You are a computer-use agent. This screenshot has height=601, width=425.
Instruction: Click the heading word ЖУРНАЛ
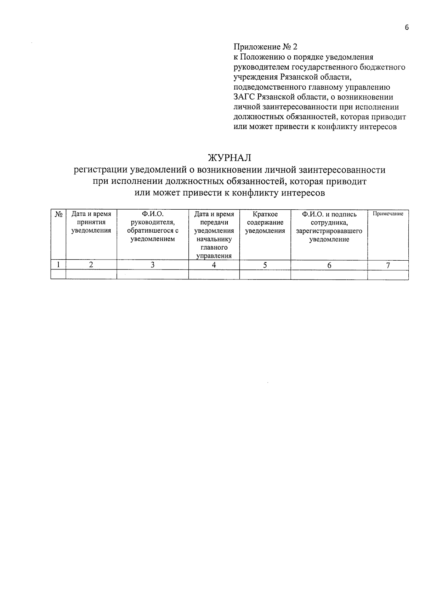[x=229, y=158]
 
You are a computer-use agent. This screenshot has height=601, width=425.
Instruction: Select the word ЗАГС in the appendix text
[x=244, y=97]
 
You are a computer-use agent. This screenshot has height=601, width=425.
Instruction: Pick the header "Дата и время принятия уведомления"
[x=91, y=222]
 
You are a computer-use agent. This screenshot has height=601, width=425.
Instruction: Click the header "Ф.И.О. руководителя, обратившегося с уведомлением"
[x=153, y=227]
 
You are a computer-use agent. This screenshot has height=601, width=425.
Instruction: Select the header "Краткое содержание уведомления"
[x=265, y=222]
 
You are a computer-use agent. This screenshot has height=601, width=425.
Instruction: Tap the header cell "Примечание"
[x=388, y=214]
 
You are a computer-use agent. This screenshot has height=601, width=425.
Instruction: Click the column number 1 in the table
[x=58, y=265]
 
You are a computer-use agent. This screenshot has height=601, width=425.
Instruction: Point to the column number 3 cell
[x=153, y=265]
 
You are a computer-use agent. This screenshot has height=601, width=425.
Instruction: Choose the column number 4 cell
[x=214, y=265]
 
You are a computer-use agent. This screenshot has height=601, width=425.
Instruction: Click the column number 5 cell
[x=265, y=265]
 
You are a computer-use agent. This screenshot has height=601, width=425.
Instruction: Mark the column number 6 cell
[x=329, y=265]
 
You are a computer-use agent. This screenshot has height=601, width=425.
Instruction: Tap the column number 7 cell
[x=388, y=265]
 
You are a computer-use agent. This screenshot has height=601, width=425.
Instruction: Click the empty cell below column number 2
[x=91, y=274]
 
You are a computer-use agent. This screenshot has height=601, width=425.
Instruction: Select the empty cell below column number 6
[x=329, y=274]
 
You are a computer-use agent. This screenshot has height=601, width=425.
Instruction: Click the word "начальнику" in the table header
[x=214, y=239]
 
